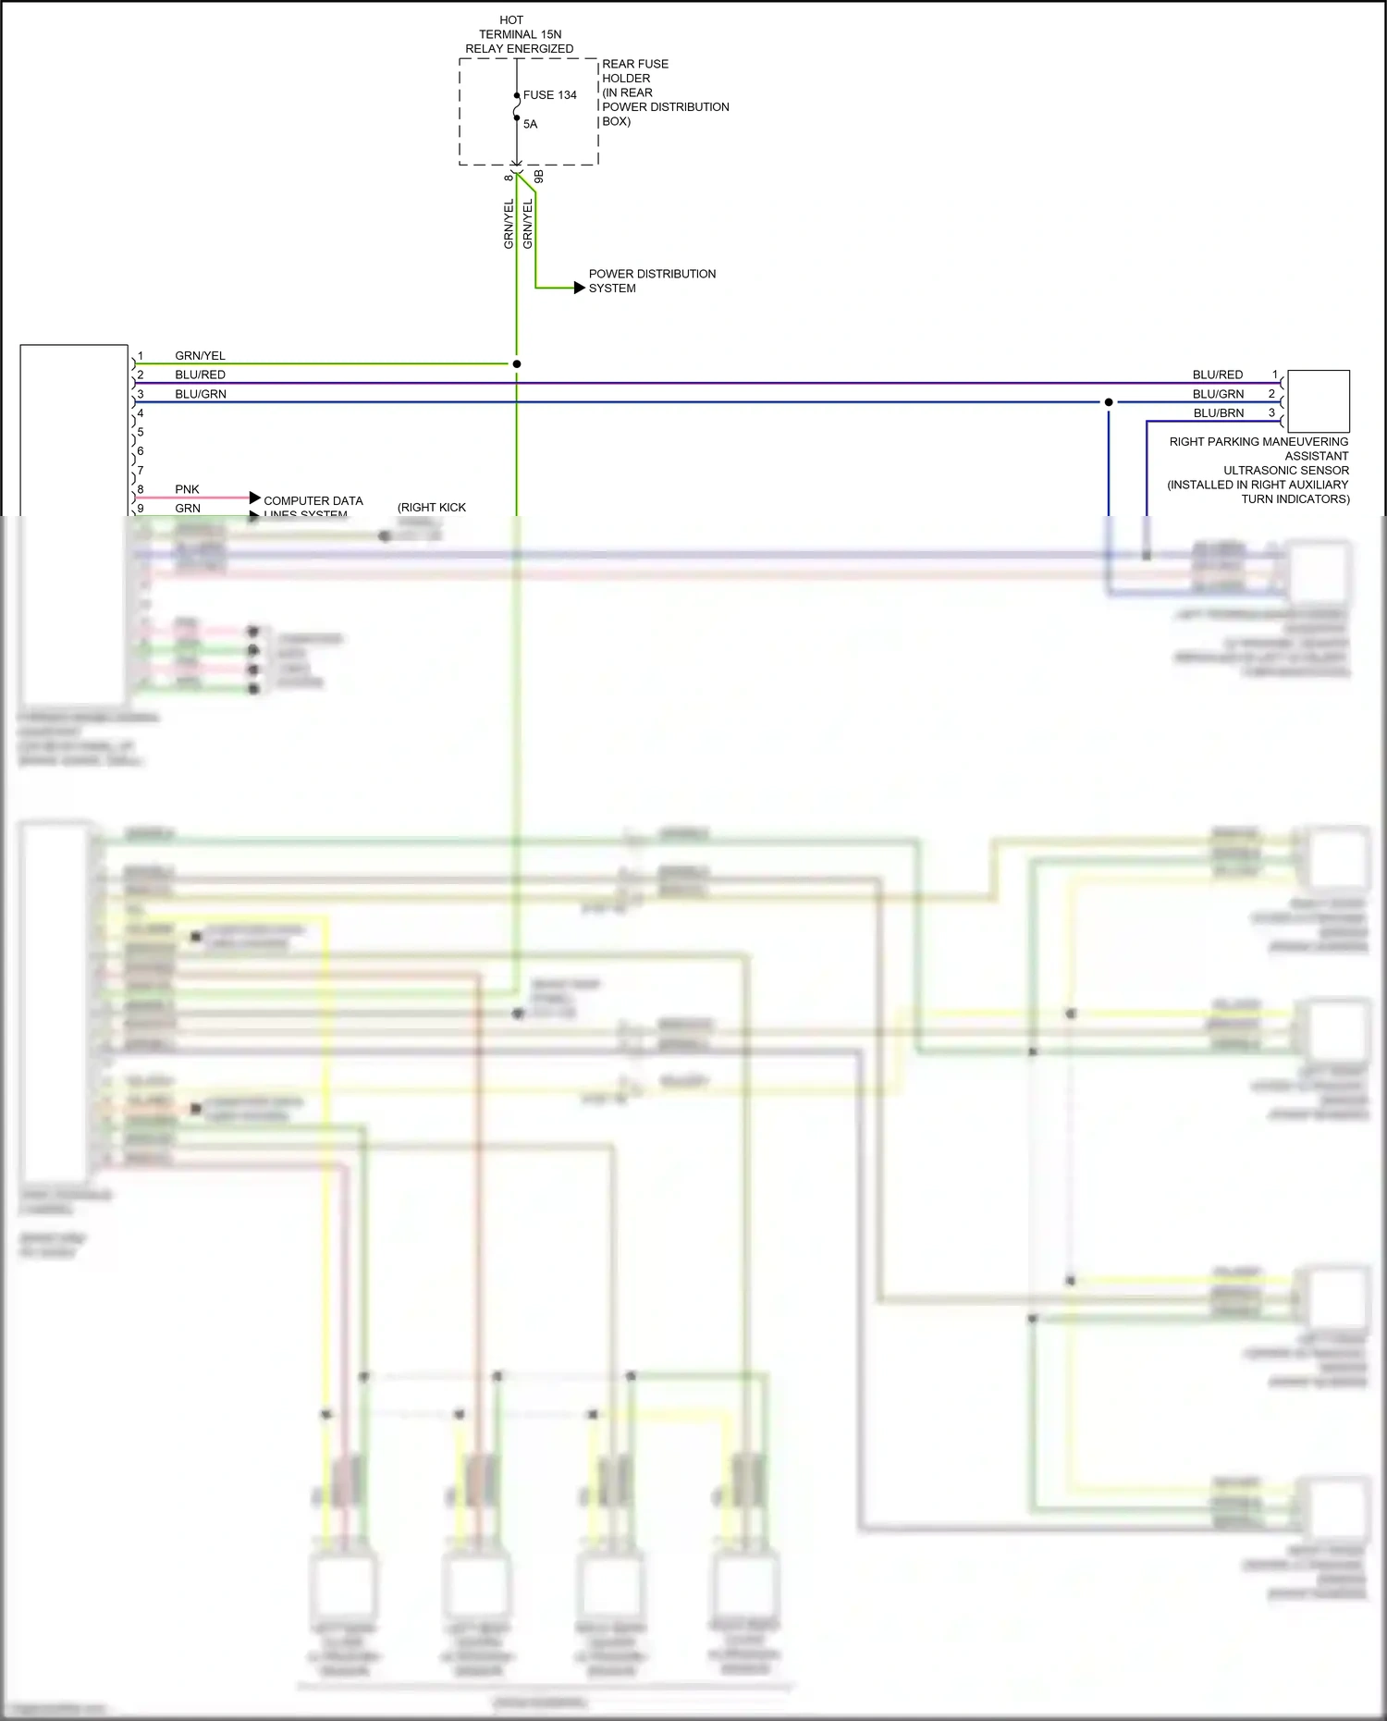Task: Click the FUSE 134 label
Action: pos(549,95)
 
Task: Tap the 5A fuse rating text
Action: pos(530,124)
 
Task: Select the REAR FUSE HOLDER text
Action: pos(634,71)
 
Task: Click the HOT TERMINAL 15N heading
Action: pos(520,34)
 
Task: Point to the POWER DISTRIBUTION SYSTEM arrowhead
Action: pos(580,288)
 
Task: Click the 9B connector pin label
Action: pos(539,176)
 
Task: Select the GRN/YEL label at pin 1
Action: pos(200,356)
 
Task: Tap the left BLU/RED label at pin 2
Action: pos(200,375)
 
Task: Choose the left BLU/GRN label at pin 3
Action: pos(200,394)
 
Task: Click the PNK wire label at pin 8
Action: pos(187,489)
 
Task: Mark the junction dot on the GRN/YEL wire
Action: pos(517,364)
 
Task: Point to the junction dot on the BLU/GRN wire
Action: pos(1109,402)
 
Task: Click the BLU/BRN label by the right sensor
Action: pos(1218,413)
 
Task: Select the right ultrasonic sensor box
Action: pos(1318,401)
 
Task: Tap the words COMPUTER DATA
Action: pos(313,500)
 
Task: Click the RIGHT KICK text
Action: pos(432,508)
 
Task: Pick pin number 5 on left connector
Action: pos(141,432)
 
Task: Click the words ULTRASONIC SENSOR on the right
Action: pos(1285,471)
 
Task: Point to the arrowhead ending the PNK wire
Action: pos(255,498)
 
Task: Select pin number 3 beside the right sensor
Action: pos(1271,413)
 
